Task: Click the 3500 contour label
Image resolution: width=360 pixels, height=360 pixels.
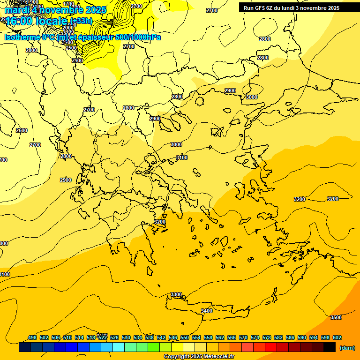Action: coord(336,317)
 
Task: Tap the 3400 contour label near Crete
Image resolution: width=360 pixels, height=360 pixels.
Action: coord(206,311)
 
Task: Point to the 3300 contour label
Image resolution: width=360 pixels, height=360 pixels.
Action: coord(176,294)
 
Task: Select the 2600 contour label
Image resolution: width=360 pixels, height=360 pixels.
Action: coord(22,130)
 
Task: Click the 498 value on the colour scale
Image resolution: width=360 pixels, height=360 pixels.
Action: coord(32,337)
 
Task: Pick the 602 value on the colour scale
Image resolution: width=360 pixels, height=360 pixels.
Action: coord(337,337)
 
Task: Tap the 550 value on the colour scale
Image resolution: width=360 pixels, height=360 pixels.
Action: coord(185,337)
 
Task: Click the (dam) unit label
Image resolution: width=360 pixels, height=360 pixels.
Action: coord(347,347)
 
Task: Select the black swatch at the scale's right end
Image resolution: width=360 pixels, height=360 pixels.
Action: coord(330,347)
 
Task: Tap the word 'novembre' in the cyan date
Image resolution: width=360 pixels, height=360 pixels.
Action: coord(62,10)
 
